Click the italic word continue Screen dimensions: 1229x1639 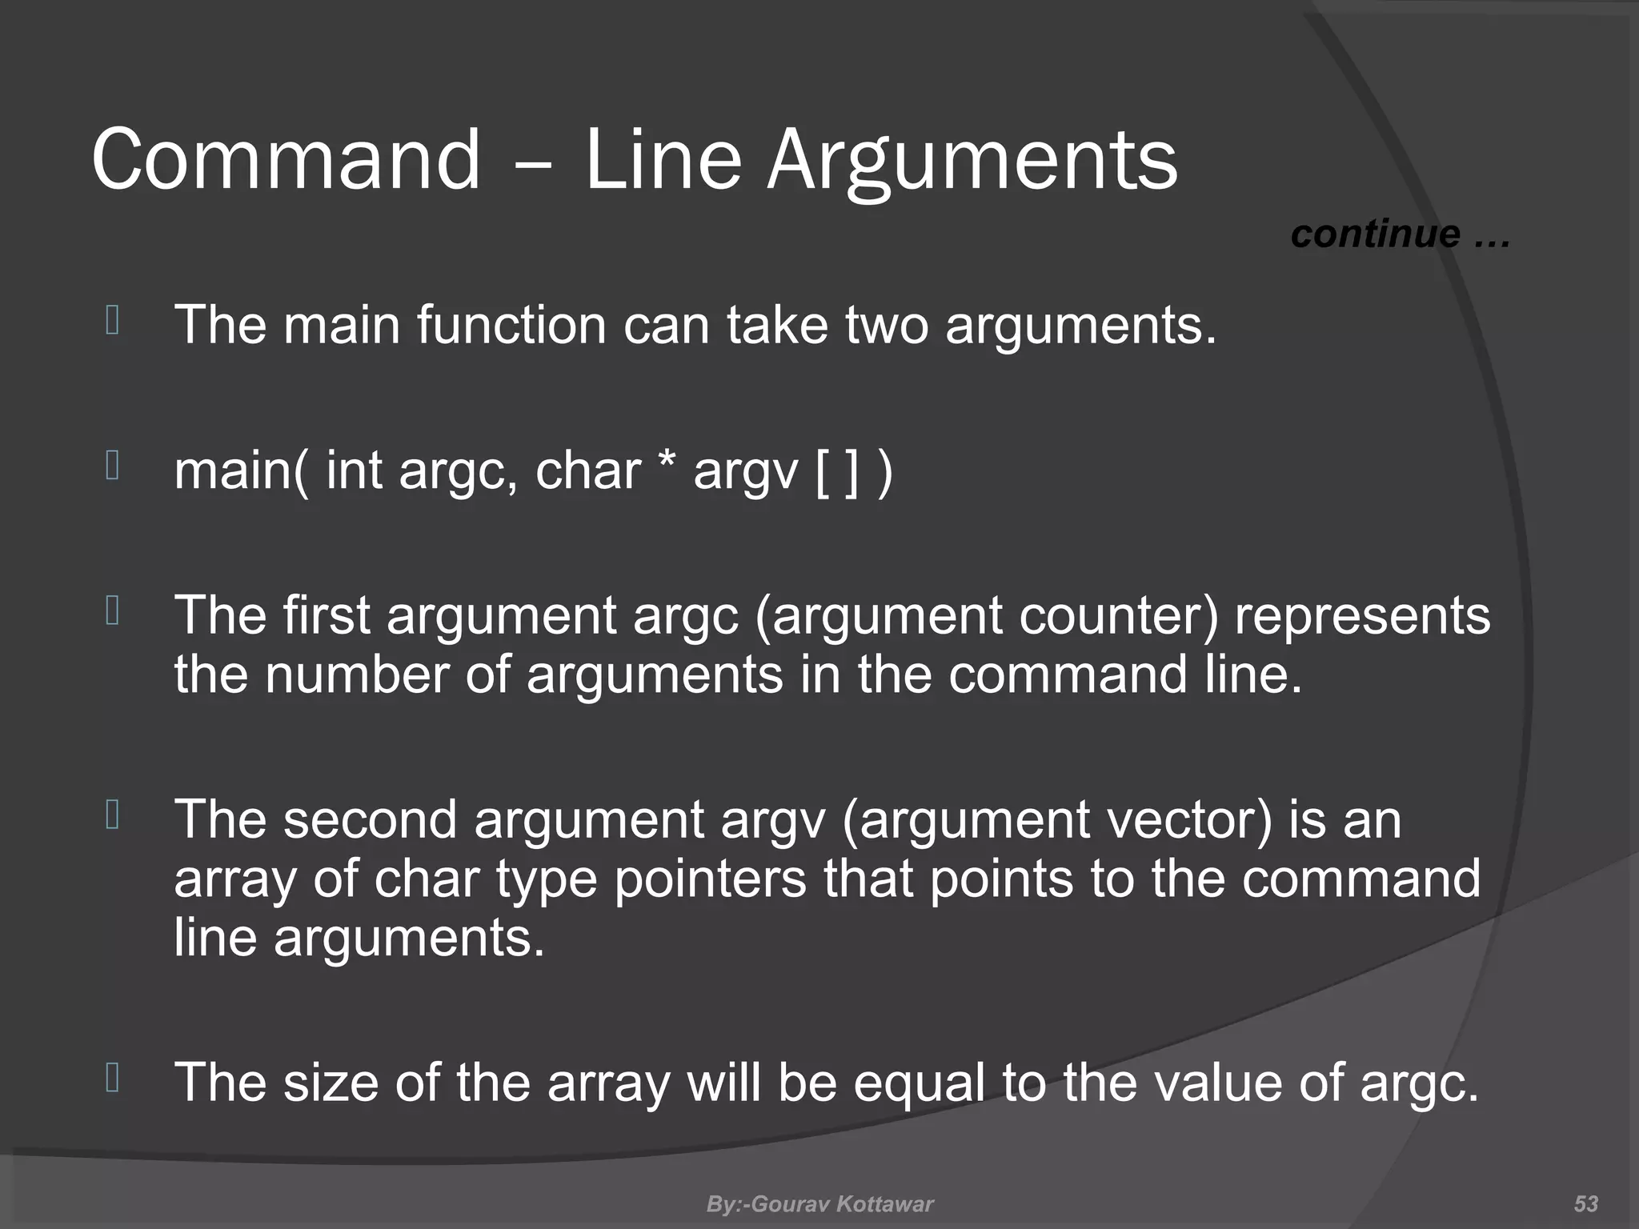click(1375, 234)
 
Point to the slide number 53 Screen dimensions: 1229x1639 click(1585, 1203)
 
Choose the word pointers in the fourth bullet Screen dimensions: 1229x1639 click(710, 879)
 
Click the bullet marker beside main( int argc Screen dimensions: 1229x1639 click(112, 466)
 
